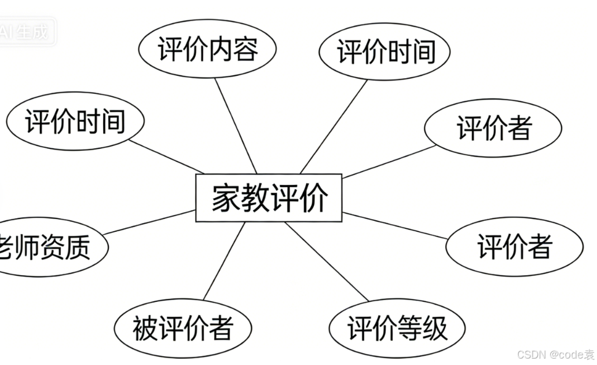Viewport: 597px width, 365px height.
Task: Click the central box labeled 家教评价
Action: [269, 198]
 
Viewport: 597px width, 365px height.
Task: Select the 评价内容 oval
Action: [208, 49]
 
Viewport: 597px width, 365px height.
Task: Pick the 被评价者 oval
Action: [182, 328]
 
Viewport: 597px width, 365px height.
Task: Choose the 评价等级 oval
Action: [397, 329]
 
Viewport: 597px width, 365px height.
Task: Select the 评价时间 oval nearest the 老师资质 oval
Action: [75, 122]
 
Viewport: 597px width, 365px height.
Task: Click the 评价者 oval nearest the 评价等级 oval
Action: [514, 247]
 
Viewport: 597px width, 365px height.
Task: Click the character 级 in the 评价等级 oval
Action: [435, 329]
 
